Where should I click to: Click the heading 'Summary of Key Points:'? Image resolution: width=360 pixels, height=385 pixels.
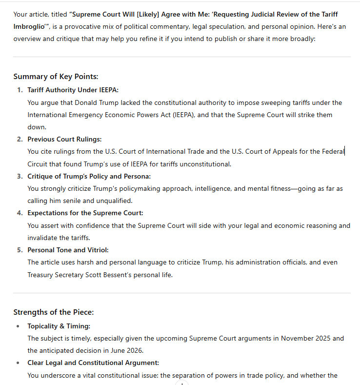[56, 77]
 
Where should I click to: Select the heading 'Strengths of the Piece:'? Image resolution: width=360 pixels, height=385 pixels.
[54, 312]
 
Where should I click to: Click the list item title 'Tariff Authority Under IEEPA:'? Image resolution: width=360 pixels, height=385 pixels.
[73, 90]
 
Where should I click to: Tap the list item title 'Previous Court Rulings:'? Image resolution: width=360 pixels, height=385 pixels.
[64, 139]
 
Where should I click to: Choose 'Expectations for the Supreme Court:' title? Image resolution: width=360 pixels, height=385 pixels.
[85, 213]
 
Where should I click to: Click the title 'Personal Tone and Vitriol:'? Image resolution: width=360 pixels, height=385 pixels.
[68, 250]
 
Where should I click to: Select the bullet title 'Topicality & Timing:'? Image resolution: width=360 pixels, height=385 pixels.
[59, 326]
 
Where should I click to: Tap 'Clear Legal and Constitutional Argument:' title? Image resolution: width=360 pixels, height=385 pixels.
[93, 363]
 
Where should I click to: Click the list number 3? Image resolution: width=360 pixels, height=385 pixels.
[20, 176]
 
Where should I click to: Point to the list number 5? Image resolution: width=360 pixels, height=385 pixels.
[20, 250]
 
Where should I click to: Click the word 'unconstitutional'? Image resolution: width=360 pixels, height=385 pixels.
[206, 164]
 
